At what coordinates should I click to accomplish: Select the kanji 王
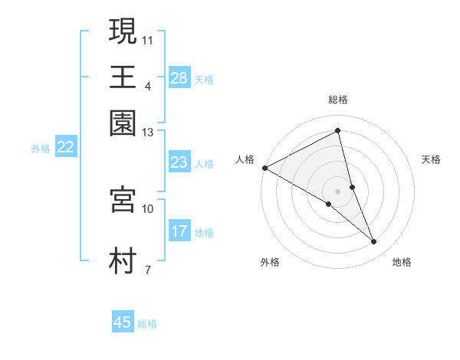(123, 77)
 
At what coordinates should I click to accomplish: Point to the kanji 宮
(123, 199)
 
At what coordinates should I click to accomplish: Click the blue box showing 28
(179, 78)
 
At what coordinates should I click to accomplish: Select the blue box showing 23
(179, 162)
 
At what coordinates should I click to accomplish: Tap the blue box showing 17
(179, 231)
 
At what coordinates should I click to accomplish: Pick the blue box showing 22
(66, 148)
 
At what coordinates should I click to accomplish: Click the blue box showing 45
(123, 322)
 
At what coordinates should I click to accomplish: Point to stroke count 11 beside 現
(148, 39)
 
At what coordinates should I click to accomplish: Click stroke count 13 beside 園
(147, 133)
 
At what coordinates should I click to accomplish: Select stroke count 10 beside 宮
(147, 208)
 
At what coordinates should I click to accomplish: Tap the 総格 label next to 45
(147, 324)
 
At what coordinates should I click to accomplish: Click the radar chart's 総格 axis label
(338, 100)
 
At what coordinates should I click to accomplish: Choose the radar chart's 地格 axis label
(402, 263)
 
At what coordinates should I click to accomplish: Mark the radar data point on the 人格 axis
(264, 167)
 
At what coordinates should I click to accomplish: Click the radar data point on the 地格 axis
(374, 242)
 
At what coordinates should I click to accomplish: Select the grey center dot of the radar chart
(338, 190)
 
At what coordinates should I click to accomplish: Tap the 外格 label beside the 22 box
(41, 149)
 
